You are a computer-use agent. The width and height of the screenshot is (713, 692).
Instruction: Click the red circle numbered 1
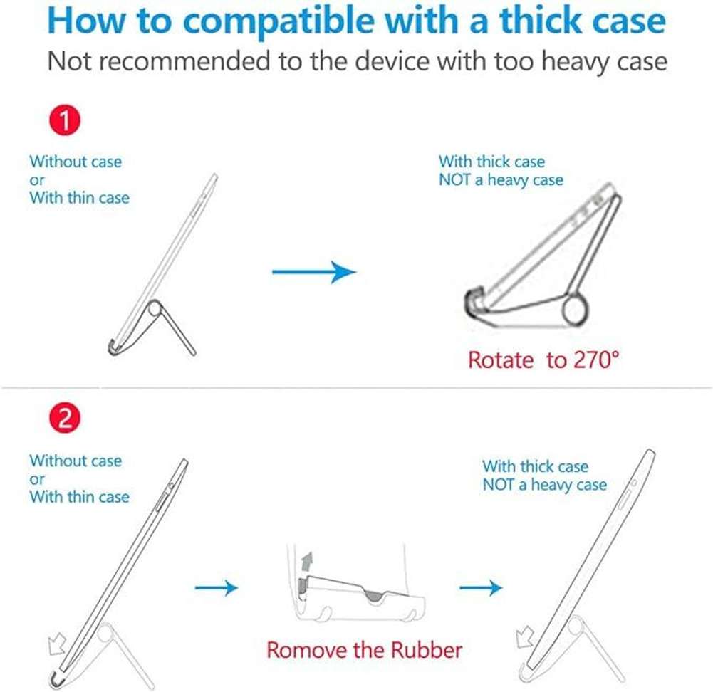click(x=64, y=122)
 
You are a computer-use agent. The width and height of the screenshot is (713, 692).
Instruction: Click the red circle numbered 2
click(x=64, y=419)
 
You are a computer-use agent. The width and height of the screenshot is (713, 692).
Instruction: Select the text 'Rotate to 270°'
click(x=543, y=360)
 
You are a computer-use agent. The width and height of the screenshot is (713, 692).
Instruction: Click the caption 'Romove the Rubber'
click(x=364, y=649)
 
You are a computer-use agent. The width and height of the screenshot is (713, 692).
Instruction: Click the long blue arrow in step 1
click(x=314, y=271)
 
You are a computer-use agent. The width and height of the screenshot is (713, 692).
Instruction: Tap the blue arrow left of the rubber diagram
click(x=216, y=588)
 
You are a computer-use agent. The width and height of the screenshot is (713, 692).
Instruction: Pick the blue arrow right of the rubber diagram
click(x=481, y=588)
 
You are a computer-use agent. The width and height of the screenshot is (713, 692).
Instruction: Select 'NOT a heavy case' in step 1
click(x=501, y=180)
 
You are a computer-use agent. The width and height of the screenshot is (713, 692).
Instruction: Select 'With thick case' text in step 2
click(x=536, y=467)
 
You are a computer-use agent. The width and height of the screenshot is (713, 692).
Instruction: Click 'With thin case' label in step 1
click(x=79, y=198)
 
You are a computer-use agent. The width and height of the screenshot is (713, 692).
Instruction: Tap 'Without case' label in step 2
click(x=76, y=461)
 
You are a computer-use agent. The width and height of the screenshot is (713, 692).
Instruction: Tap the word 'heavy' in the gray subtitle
click(x=577, y=61)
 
